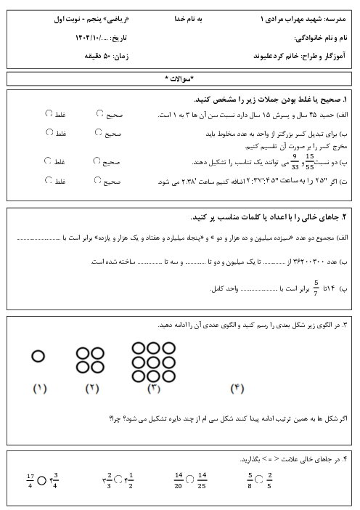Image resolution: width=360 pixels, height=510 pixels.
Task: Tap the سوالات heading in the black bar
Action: (179, 78)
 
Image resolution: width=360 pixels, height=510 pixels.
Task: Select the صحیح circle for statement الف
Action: (99, 113)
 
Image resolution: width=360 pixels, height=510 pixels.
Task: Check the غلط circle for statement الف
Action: (49, 113)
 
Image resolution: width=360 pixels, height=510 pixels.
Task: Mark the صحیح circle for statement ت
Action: (97, 180)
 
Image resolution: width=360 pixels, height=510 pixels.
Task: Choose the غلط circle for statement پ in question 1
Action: (48, 161)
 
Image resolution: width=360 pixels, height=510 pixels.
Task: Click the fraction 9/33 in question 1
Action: (295, 161)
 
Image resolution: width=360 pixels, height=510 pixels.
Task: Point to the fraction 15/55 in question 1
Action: (310, 161)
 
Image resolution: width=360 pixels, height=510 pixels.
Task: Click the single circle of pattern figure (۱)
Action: (38, 356)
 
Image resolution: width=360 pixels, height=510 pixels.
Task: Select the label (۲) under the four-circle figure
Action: (91, 389)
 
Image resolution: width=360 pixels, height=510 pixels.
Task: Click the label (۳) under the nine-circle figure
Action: (154, 389)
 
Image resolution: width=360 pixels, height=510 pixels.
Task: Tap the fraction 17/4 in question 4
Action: (30, 479)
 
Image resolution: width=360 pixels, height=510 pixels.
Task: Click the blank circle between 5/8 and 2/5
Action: (259, 479)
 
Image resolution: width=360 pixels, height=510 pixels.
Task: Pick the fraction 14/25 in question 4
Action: (202, 479)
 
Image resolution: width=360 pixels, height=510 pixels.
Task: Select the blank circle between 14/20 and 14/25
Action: (189, 479)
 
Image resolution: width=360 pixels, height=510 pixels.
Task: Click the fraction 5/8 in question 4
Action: (250, 479)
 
